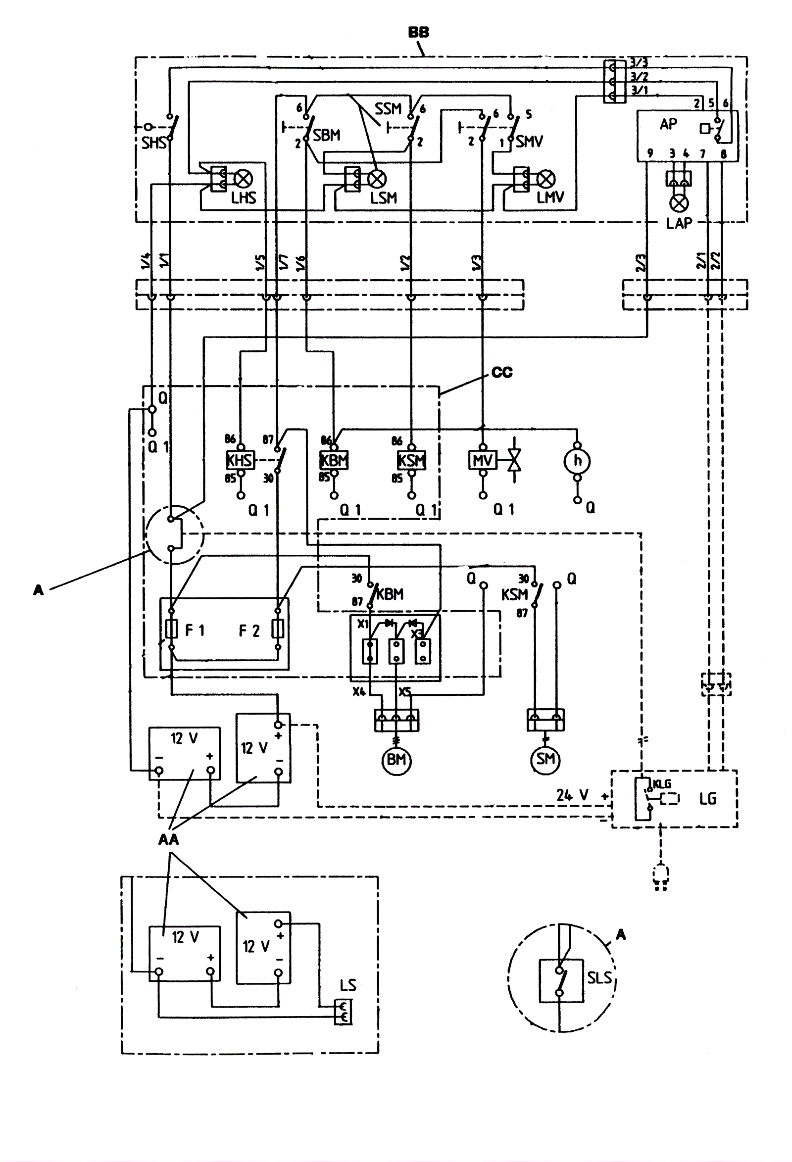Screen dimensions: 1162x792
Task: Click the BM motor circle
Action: tap(396, 760)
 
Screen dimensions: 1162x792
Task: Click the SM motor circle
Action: tap(545, 759)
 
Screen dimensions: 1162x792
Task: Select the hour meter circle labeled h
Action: tap(578, 461)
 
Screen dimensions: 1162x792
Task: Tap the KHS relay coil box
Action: tap(240, 460)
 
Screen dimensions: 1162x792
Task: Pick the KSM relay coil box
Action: tap(411, 460)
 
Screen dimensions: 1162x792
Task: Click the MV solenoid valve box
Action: tap(483, 460)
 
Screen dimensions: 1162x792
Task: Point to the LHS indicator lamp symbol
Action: tap(244, 179)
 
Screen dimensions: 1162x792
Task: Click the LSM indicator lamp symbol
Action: tap(377, 179)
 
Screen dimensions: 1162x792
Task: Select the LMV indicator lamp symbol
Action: tap(546, 179)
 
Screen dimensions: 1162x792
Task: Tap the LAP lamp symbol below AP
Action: tap(679, 203)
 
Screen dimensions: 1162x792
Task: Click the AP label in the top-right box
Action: tap(669, 124)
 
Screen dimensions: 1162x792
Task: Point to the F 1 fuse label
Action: tap(195, 630)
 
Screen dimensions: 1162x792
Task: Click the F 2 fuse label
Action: tap(249, 630)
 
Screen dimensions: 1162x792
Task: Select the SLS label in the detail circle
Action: tap(599, 977)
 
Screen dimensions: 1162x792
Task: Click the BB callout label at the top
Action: tap(418, 33)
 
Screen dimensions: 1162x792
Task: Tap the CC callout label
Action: tap(502, 373)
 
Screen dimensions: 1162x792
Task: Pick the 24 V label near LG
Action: tap(572, 795)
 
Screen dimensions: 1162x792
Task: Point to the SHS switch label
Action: tap(153, 143)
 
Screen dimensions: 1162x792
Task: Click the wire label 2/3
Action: tap(641, 262)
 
